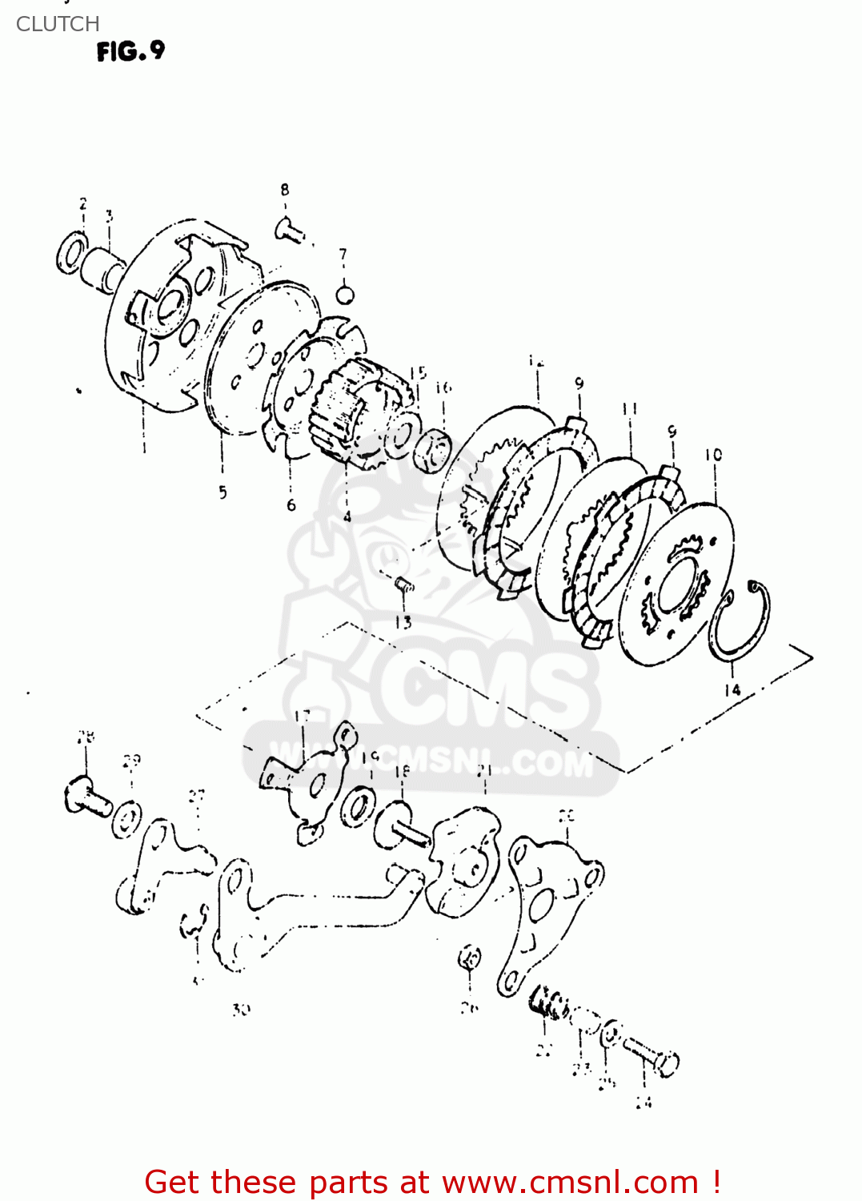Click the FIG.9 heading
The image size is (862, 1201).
click(x=130, y=52)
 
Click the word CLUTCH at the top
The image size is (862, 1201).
click(x=58, y=24)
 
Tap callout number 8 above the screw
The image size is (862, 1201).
click(x=285, y=190)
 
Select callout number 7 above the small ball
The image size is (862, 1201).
click(x=343, y=255)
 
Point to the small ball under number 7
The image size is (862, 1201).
click(x=344, y=294)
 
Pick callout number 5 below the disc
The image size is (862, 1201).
click(x=223, y=492)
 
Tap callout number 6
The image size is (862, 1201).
click(x=291, y=504)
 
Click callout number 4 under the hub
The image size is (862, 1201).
click(x=347, y=516)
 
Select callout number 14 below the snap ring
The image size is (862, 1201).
click(x=732, y=689)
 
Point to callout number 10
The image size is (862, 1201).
click(x=713, y=455)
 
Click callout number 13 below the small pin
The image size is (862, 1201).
click(x=403, y=621)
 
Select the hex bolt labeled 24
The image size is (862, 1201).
click(x=656, y=1056)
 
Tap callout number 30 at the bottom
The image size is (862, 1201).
click(x=241, y=1010)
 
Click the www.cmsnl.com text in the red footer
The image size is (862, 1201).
click(x=571, y=1182)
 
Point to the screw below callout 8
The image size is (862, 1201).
click(x=290, y=231)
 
